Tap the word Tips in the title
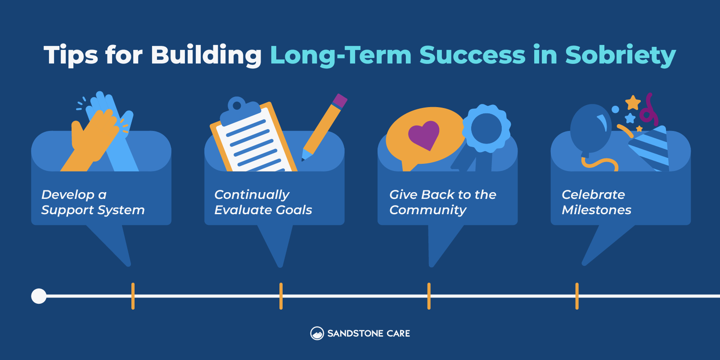[71, 55]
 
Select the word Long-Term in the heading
[341, 55]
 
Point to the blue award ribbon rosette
[486, 129]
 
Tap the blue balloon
[590, 129]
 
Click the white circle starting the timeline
[39, 296]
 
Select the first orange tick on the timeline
[133, 296]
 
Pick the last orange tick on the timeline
[577, 296]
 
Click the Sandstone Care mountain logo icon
[317, 333]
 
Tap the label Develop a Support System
[93, 202]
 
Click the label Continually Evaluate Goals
[263, 202]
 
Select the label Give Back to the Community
[442, 202]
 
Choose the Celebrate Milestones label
[596, 202]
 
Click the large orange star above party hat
[633, 103]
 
